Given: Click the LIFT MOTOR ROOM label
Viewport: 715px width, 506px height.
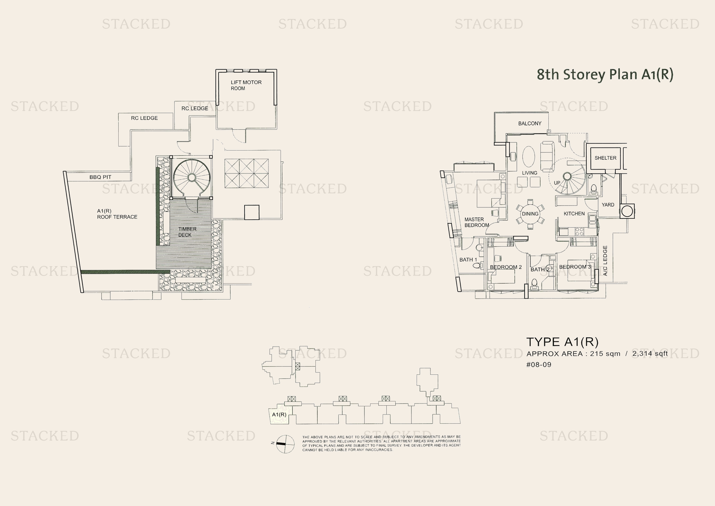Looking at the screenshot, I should tap(246, 85).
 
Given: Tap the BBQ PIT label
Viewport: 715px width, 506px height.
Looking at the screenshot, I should tap(100, 177).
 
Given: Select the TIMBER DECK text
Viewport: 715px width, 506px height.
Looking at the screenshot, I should tap(187, 232).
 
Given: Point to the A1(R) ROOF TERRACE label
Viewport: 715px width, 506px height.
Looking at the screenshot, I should tap(117, 214).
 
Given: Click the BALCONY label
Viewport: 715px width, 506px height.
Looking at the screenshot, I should tap(529, 123).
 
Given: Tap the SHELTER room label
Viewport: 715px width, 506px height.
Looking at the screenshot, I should tap(605, 158).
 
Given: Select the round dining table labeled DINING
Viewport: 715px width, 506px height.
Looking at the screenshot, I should tap(530, 214).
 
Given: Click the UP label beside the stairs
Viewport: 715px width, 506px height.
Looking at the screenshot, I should tap(557, 183).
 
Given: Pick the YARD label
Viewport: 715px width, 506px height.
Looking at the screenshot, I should tap(608, 205).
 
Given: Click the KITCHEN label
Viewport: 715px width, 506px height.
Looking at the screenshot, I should tap(574, 214).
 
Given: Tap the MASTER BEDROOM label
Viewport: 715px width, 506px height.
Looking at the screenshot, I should tap(477, 222).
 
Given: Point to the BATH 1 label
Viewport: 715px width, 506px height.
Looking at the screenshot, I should tap(468, 259).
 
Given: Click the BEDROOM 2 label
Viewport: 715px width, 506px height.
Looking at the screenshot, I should tap(505, 267).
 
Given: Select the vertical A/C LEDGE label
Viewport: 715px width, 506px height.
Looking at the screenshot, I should tap(605, 260).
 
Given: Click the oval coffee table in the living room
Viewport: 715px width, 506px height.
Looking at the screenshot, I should tap(528, 156).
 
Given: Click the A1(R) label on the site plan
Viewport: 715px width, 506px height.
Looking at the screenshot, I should tap(279, 415).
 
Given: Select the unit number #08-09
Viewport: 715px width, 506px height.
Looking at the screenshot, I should tap(538, 365).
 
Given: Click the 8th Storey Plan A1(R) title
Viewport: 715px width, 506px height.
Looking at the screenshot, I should tap(604, 74).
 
